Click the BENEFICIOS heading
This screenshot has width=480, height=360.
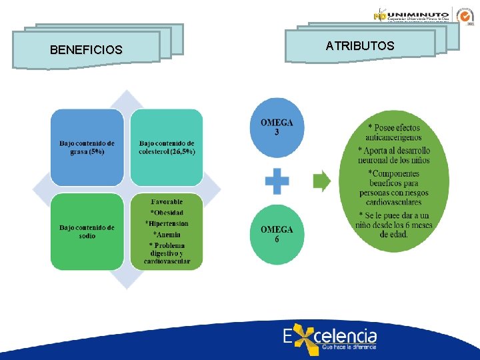coord(86,50)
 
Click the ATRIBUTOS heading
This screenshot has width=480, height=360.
coord(360,46)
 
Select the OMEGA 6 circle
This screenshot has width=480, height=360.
coord(277,234)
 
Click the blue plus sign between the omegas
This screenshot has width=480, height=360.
coord(277,181)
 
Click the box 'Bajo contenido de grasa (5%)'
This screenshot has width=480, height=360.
coord(87,147)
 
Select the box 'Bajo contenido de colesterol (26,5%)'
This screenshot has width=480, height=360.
coord(167,147)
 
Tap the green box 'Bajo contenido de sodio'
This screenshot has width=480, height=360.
coord(87,231)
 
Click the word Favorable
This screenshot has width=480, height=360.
coord(167,201)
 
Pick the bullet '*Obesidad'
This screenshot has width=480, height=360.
coord(167,213)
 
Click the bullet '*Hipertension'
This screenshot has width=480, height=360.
coord(167,223)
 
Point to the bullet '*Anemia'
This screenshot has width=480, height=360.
coord(167,234)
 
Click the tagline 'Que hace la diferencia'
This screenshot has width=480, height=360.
coord(349,347)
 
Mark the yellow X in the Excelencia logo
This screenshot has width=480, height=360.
coord(305,340)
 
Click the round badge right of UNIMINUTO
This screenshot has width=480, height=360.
coord(464,15)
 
